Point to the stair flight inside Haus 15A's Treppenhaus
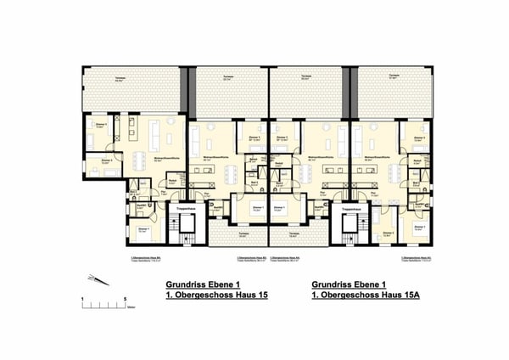pos(347,228)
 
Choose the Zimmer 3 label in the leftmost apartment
pos(107,160)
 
